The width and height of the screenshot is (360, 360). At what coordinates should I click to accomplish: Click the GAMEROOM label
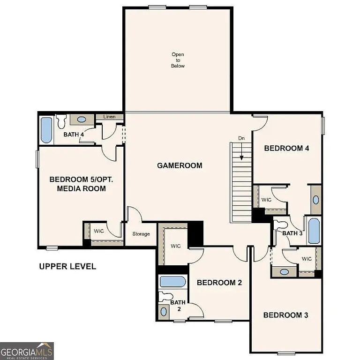point(180,165)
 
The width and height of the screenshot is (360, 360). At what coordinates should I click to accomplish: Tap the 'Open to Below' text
point(178,60)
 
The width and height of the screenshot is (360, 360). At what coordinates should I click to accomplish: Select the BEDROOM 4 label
point(286,148)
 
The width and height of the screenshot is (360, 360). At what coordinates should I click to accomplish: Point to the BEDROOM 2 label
point(219,283)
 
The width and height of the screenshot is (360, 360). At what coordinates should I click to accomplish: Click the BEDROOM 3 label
point(285,315)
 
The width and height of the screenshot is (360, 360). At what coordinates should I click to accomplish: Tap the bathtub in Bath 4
point(46,130)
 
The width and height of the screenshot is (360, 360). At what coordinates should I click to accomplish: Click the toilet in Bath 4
point(61,122)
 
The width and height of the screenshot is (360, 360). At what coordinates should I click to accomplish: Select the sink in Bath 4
point(81,120)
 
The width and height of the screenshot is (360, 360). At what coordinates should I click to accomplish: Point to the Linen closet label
point(109,117)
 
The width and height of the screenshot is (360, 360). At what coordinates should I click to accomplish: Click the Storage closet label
point(141,234)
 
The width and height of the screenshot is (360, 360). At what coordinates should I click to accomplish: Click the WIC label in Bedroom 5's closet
point(99,231)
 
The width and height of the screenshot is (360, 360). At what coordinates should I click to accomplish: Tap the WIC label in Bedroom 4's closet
point(266,200)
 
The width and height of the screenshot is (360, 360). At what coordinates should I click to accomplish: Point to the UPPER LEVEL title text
point(67,266)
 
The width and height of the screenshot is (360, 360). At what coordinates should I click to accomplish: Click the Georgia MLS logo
point(27,351)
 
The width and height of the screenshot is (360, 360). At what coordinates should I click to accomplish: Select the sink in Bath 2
point(164,311)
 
